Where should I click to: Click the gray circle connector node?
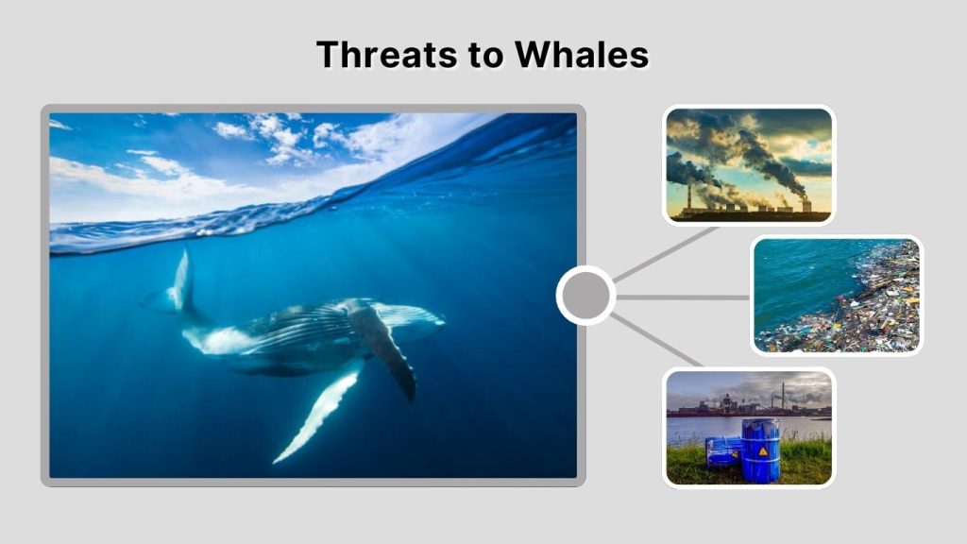point(585,297)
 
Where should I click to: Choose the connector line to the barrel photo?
point(658,340)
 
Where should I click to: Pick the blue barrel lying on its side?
point(722,451)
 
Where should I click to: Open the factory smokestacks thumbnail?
point(749,165)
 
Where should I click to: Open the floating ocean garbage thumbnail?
point(837,296)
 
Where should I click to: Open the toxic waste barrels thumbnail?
point(749,427)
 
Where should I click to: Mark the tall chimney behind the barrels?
point(782,395)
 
